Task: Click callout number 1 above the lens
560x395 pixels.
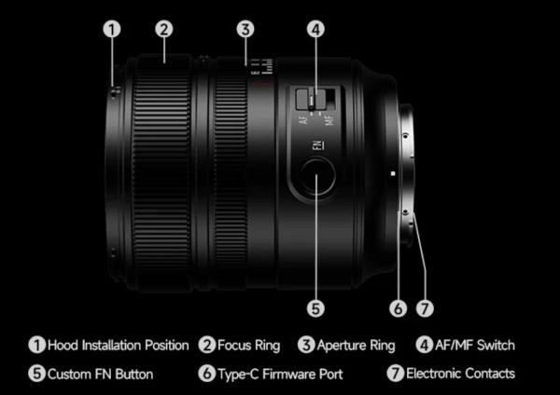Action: pos(112,29)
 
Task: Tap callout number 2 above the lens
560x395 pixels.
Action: pos(163,29)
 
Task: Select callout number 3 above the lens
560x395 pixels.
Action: pos(245,29)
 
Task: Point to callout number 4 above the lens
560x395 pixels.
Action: pos(316,29)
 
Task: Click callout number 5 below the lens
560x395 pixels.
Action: pos(316,306)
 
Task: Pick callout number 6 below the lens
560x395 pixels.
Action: pos(399,306)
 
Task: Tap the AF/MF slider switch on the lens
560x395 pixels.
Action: pos(315,98)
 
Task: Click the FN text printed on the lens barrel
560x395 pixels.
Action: pos(316,145)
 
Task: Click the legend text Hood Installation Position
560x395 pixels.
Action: pos(117,346)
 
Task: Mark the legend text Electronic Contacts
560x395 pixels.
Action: pos(460,374)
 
